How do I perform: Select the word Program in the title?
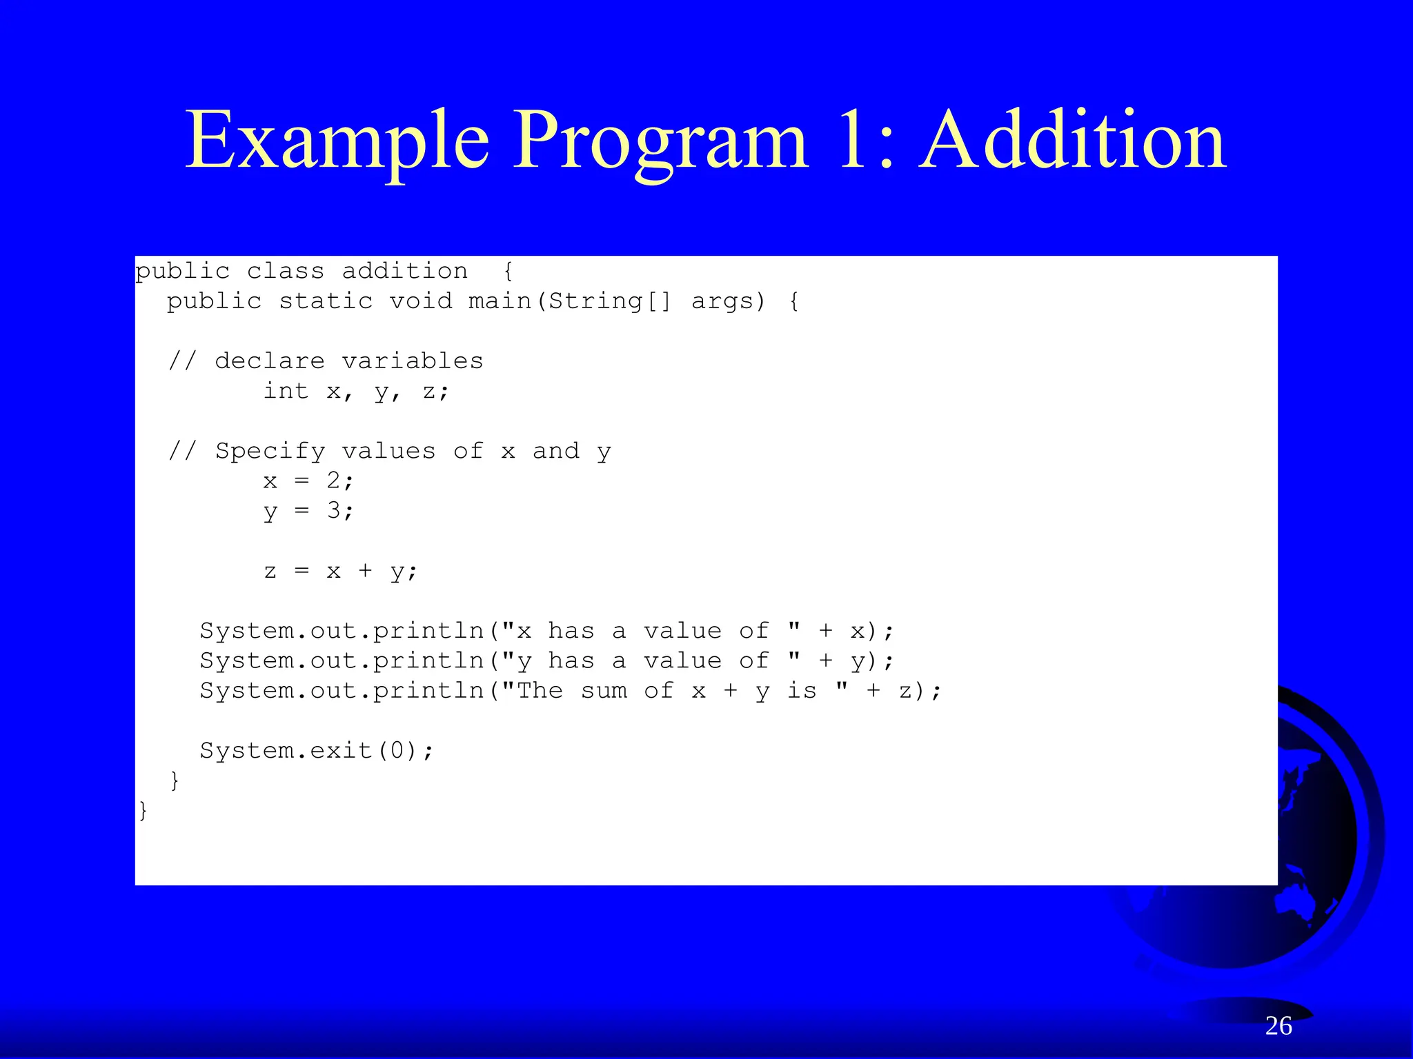(x=660, y=142)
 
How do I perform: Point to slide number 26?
(x=1278, y=1026)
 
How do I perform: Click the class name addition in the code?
(x=405, y=271)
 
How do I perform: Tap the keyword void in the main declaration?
(x=421, y=301)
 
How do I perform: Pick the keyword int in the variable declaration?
(x=286, y=391)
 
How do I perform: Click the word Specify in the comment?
(x=270, y=452)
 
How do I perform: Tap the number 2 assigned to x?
(x=334, y=480)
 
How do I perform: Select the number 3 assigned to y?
(x=334, y=510)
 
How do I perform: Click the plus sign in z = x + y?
(x=365, y=571)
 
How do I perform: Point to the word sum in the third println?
(x=604, y=691)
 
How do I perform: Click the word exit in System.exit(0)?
(x=341, y=750)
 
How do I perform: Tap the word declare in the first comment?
(x=270, y=361)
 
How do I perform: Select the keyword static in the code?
(x=326, y=301)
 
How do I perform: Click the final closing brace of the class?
(x=144, y=810)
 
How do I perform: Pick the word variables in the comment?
(x=413, y=361)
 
